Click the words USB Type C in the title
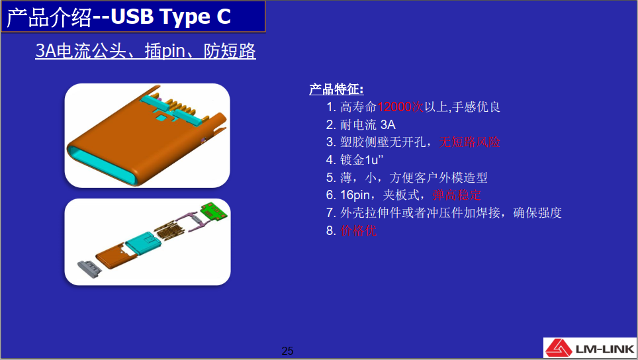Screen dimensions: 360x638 171,17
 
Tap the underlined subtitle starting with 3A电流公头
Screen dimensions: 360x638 146,51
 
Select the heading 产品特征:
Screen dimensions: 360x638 336,89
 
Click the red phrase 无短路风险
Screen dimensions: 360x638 470,142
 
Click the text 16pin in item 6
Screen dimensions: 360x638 355,195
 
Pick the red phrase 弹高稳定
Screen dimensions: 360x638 457,195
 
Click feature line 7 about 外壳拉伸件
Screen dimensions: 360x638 450,213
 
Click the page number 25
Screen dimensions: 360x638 287,351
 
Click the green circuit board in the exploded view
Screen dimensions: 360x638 216,212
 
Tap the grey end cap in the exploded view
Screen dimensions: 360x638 89,267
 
